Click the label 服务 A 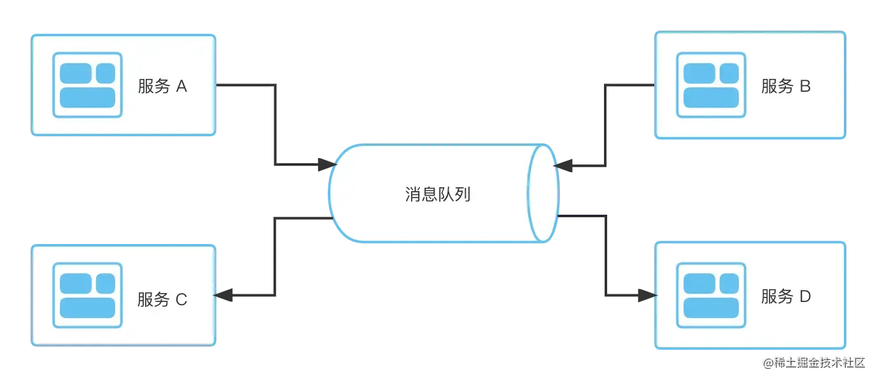pos(162,87)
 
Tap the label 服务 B pos(785,87)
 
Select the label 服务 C pos(162,299)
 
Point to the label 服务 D pos(785,297)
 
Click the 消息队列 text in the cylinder pos(437,194)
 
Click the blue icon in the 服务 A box pos(87,85)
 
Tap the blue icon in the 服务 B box pos(710,85)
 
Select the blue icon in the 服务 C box pos(87,296)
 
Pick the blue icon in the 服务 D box pos(710,296)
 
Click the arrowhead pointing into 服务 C pos(225,295)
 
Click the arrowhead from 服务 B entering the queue pos(563,166)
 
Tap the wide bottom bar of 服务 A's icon pos(87,97)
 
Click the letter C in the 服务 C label pos(181,299)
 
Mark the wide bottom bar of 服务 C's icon pos(87,308)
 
